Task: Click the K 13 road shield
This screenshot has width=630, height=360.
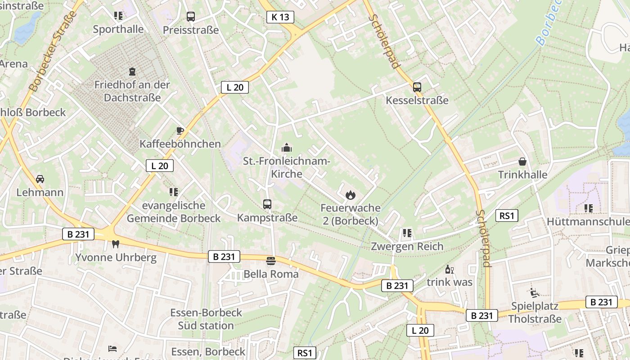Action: coord(280,17)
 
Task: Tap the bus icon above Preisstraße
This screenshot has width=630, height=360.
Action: coord(191,17)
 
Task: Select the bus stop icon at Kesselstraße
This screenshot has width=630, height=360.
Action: coord(417,87)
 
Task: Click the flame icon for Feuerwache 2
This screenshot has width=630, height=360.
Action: coord(350,195)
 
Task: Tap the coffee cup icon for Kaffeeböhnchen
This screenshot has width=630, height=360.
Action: coord(180,131)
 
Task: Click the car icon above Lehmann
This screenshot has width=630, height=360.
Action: coord(40,179)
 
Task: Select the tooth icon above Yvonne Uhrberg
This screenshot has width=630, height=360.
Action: coord(116,244)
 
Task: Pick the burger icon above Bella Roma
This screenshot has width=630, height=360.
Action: coord(270,261)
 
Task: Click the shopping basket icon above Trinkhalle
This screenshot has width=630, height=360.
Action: coord(522,161)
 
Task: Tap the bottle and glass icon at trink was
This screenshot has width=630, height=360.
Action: coord(449,269)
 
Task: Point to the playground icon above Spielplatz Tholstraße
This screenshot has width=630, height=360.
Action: coord(535,293)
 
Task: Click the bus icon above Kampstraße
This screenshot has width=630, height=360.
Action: coord(267,204)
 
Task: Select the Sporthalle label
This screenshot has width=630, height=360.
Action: coord(118,29)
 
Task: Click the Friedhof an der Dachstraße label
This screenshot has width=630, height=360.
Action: coord(132,91)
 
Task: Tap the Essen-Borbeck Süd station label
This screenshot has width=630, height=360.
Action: coord(206,319)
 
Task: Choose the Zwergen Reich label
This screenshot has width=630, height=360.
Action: coord(407,246)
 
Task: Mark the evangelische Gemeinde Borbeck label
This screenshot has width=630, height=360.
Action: coord(174,212)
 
